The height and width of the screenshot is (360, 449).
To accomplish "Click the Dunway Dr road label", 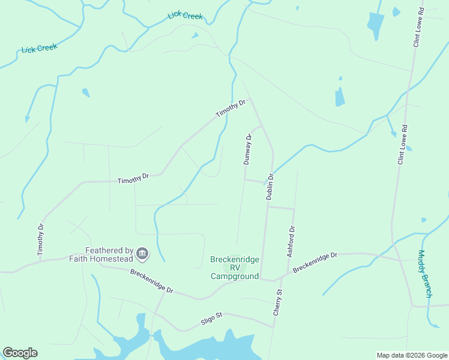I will pos(247,149).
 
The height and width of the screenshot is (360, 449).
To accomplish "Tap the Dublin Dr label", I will pos(270,187).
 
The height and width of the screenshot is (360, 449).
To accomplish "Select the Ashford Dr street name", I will pos(291,242).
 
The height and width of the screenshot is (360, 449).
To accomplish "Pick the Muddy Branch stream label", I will pos(425,274).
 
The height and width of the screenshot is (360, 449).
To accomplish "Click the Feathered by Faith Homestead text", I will pos(101,254).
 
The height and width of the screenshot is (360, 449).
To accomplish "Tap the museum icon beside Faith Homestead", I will pos(142,254).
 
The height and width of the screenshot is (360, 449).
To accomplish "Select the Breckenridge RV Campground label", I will pos(235,268).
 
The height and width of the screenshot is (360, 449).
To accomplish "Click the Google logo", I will pos(20,353).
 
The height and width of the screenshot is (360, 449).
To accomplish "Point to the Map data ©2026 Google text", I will pos(411,355).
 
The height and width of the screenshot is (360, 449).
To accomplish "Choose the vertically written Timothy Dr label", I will pos(41,240).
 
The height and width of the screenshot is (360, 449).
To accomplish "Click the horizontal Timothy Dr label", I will pos(133,179).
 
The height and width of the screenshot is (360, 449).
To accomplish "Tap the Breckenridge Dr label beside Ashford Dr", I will pos(316,263).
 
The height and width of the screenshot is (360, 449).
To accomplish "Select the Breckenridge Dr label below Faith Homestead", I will pos(152,281).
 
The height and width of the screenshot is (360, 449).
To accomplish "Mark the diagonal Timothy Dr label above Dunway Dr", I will pos(231,109).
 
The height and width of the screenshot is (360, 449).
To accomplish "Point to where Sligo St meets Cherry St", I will pos(274,328).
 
